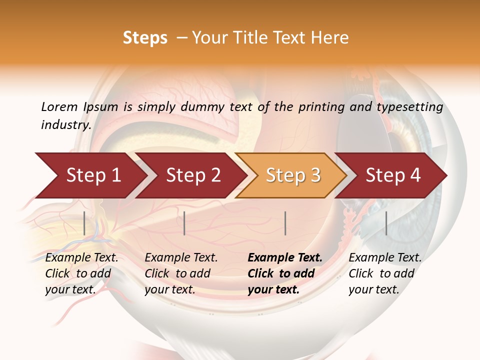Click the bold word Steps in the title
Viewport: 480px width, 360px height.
pyautogui.click(x=145, y=38)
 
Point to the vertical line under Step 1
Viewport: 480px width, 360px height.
pyautogui.click(x=84, y=223)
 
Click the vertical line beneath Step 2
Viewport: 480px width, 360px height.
pyautogui.click(x=184, y=223)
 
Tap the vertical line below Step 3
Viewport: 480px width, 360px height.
pyautogui.click(x=285, y=223)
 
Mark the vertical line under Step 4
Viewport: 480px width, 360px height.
pyautogui.click(x=386, y=223)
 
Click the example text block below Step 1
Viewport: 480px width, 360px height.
pyautogui.click(x=81, y=273)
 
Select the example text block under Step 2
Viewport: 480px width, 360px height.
pyautogui.click(x=181, y=273)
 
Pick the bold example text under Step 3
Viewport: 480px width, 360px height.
pyautogui.click(x=285, y=273)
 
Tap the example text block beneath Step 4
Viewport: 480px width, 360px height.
pyautogui.click(x=385, y=273)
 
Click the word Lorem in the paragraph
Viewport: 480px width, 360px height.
pyautogui.click(x=59, y=107)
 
